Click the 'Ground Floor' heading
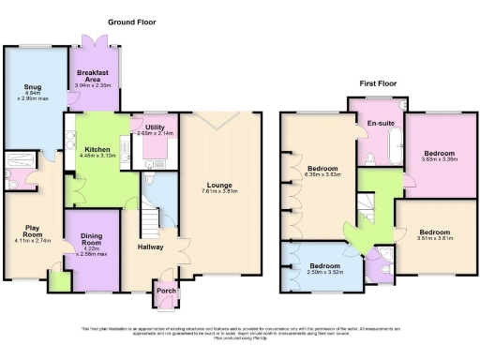point(131,22)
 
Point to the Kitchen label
point(98,149)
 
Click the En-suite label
point(379,123)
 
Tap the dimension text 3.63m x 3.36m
point(438,158)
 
